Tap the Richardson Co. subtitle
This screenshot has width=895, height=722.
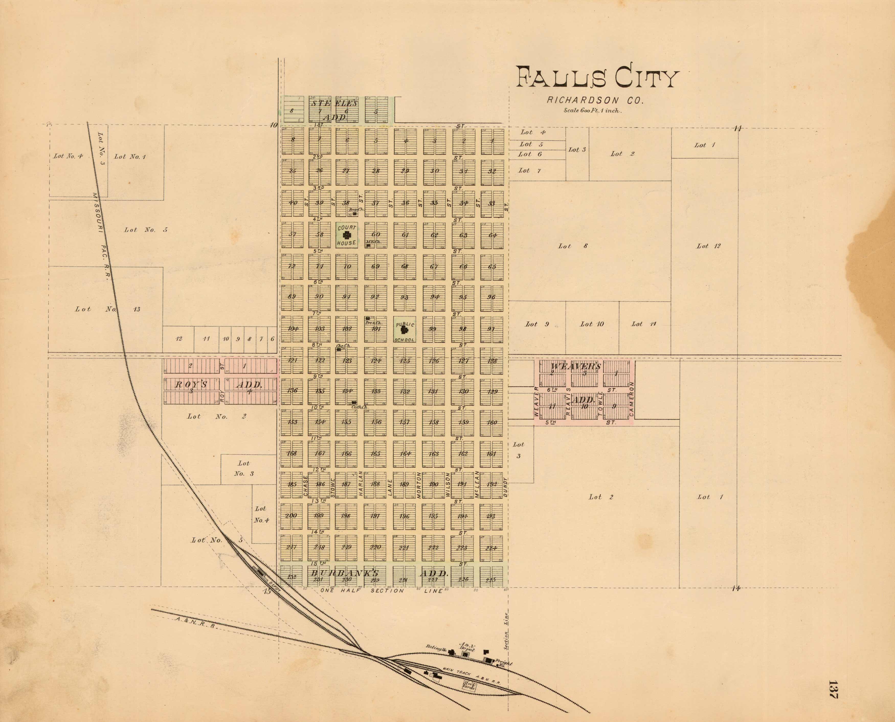point(595,100)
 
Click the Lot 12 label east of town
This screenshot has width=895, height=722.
point(708,246)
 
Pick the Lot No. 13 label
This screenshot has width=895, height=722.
point(107,309)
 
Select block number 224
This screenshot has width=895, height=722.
point(491,548)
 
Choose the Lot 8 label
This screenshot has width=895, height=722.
point(573,246)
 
